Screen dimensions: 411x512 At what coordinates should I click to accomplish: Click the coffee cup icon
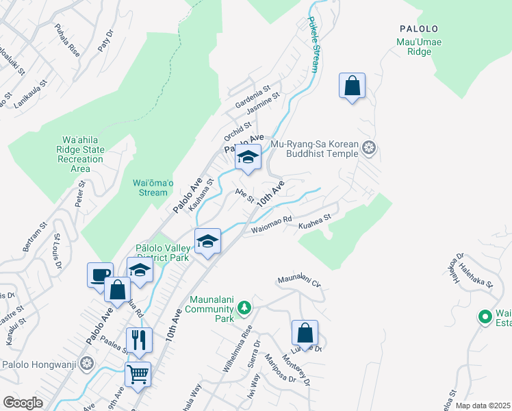[101, 274]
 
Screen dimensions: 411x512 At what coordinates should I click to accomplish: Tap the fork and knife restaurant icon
[138, 338]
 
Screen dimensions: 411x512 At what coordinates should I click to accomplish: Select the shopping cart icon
[138, 374]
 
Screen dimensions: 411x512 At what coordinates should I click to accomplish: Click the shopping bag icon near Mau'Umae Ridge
[352, 86]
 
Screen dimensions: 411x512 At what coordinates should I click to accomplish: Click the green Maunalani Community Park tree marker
[243, 308]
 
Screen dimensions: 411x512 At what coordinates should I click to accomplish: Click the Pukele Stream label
[313, 45]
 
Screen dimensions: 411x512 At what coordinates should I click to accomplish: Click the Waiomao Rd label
[272, 224]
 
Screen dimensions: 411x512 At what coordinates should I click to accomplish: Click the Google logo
[23, 403]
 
